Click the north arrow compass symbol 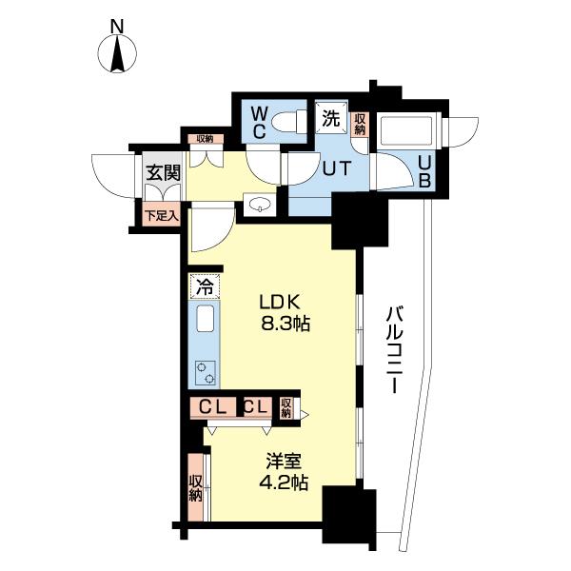(x=117, y=53)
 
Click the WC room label (x=259, y=123)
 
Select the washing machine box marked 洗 (x=331, y=119)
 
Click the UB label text (x=424, y=172)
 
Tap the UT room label (x=337, y=168)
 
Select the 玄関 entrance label (x=164, y=172)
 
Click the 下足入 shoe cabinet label (x=162, y=216)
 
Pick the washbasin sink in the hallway (x=259, y=205)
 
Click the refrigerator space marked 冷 (x=205, y=286)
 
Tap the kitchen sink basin (x=205, y=319)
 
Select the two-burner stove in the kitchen (x=206, y=373)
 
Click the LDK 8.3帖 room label (x=285, y=312)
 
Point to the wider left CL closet (x=213, y=407)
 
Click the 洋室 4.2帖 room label (x=284, y=472)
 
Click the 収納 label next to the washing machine (x=360, y=124)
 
